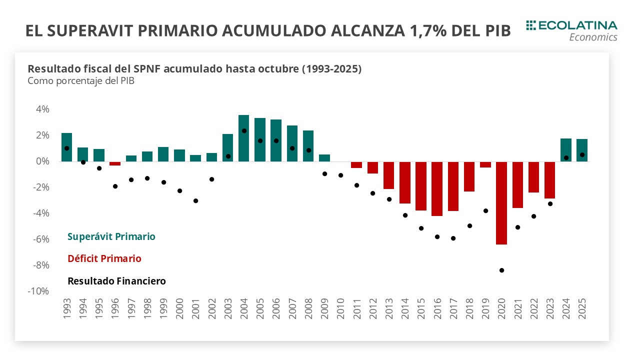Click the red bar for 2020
pyautogui.click(x=501, y=203)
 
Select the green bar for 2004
pyautogui.click(x=243, y=138)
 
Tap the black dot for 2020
pyautogui.click(x=501, y=270)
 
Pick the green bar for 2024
pyautogui.click(x=565, y=150)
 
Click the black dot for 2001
pyautogui.click(x=195, y=200)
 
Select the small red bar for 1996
pyautogui.click(x=115, y=163)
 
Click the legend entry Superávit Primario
pyautogui.click(x=111, y=236)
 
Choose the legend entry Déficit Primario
pyautogui.click(x=104, y=258)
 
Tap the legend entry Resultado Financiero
pyautogui.click(x=116, y=281)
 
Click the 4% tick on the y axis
pyautogui.click(x=42, y=109)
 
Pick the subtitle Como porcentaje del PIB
pyautogui.click(x=81, y=81)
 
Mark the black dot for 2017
pyautogui.click(x=453, y=238)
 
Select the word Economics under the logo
pyautogui.click(x=593, y=37)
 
